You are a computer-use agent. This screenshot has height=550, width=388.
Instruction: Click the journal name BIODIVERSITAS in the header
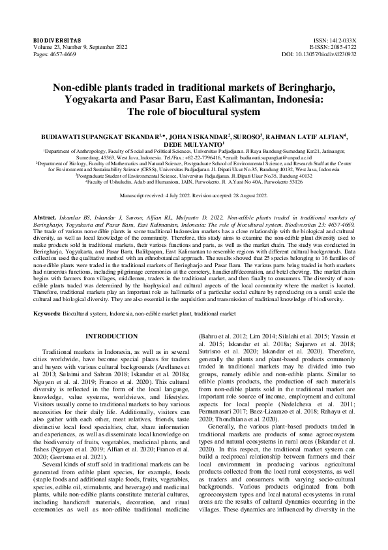coord(53,40)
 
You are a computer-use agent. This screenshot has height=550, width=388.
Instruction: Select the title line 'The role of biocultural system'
coord(194,112)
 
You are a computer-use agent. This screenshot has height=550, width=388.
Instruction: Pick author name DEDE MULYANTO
coord(194,145)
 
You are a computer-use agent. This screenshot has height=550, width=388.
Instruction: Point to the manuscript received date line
coord(194,195)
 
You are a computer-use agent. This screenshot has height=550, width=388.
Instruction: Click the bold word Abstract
coord(45,215)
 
